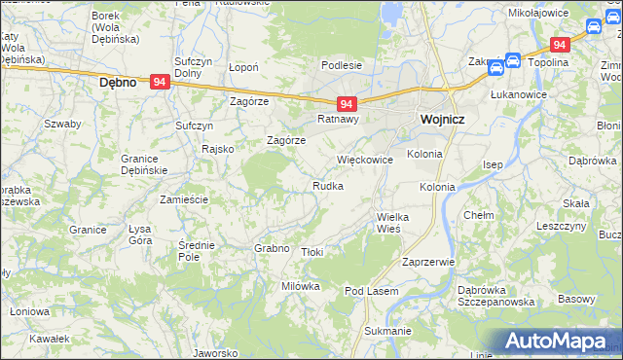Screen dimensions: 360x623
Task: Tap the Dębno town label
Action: click(x=124, y=84)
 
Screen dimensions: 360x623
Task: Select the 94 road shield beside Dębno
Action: click(x=161, y=84)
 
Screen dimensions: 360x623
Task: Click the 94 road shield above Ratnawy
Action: click(x=348, y=103)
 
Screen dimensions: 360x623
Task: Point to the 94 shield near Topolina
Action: click(x=560, y=45)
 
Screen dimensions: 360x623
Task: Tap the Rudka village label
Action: click(x=327, y=186)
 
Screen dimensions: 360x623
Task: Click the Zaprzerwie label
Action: click(x=428, y=262)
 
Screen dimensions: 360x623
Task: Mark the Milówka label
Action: click(x=301, y=286)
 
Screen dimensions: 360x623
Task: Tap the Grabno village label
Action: click(x=273, y=248)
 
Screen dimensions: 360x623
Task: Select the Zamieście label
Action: click(x=184, y=198)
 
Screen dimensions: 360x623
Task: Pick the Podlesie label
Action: click(x=342, y=65)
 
